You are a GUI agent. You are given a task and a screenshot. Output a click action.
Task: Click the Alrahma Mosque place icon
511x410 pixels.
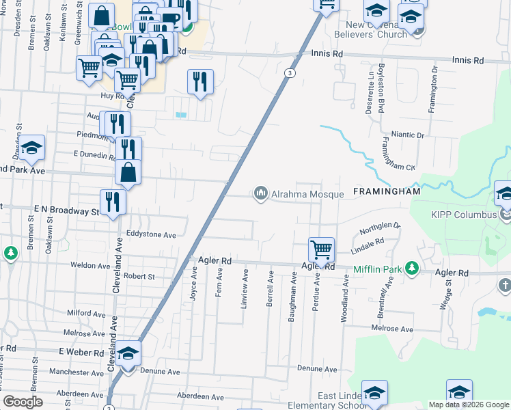[x=260, y=194]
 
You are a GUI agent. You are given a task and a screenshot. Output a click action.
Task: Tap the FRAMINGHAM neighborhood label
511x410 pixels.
[x=386, y=192]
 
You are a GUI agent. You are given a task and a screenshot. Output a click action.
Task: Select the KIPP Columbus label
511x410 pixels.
[x=464, y=215]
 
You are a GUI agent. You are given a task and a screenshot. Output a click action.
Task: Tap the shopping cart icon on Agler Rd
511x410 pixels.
[x=321, y=250]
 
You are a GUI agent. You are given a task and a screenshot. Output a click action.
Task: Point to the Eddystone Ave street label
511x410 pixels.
[x=150, y=234]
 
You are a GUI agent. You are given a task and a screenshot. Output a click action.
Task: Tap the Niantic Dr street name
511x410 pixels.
[x=408, y=135]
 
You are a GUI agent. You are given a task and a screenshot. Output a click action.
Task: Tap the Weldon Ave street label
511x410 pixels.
[x=90, y=265]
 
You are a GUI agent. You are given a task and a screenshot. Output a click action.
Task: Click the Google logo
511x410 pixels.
[x=23, y=402]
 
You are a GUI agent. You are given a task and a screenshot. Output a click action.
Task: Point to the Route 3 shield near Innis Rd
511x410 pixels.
[x=290, y=73]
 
